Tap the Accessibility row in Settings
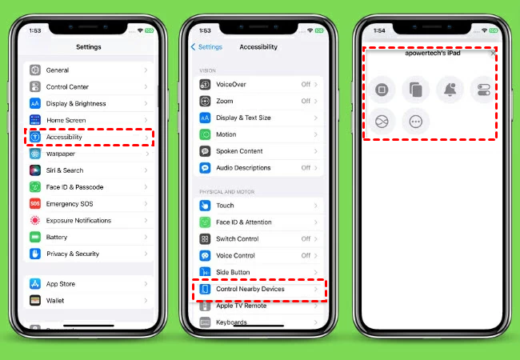coord(89,137)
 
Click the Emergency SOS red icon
coord(35,203)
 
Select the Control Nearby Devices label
coord(250,289)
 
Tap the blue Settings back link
coord(206,47)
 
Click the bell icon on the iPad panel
coord(450,89)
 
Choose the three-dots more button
coord(416,122)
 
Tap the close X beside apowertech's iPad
coord(493,53)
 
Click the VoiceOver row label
coord(231,85)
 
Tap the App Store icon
coord(35,284)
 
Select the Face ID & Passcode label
coord(74,187)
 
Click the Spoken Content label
coord(239,151)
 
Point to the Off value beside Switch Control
coord(306,238)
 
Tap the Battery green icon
coord(35,237)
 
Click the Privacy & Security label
coord(73,254)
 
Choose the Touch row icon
coord(205,206)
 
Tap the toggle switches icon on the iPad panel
coord(483,90)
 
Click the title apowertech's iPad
coord(433,53)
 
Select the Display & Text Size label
coord(243,118)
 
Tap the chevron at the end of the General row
coord(146,70)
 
